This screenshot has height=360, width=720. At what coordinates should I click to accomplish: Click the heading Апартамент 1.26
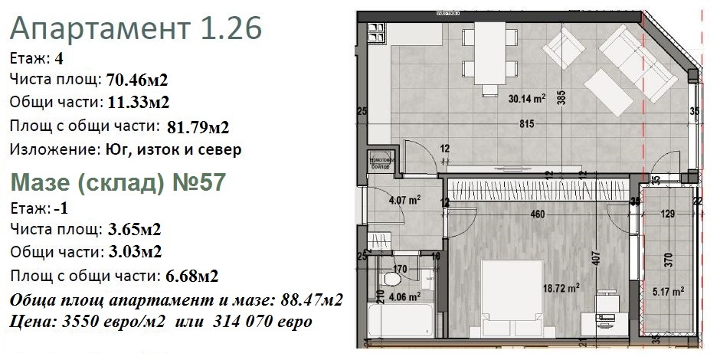pos(137,30)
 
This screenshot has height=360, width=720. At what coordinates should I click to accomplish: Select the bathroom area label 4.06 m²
pos(404,296)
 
